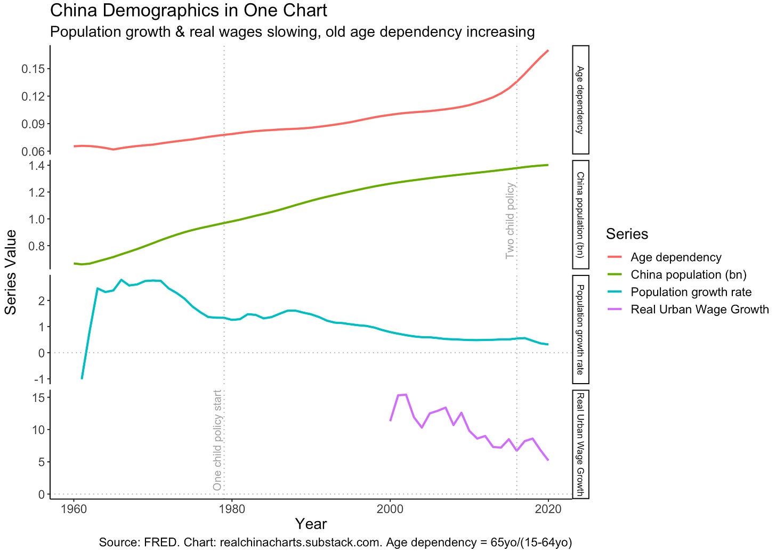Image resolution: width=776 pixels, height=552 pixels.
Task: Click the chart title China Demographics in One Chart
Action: [188, 11]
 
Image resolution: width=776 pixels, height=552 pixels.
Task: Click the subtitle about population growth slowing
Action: [292, 32]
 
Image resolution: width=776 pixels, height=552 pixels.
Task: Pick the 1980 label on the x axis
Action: [231, 509]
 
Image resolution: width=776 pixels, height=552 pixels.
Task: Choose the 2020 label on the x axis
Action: [548, 509]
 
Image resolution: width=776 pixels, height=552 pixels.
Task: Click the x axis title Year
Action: [311, 524]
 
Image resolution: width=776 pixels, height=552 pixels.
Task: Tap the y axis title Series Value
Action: [11, 272]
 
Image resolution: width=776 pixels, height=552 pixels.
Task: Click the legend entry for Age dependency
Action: [675, 257]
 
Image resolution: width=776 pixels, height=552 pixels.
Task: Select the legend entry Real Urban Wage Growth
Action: [699, 310]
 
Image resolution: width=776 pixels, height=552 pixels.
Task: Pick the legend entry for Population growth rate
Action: [691, 292]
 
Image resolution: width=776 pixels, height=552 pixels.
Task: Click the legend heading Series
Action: [627, 234]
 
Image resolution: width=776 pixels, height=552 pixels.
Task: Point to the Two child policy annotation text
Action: [510, 221]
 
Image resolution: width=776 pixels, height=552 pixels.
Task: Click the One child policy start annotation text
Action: [217, 440]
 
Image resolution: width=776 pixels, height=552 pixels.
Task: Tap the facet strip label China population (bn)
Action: [580, 215]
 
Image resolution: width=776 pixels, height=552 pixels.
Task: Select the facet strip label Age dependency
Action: [580, 100]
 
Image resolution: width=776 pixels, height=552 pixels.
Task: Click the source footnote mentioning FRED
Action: [335, 542]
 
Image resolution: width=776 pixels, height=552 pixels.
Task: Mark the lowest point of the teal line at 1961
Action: [82, 378]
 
